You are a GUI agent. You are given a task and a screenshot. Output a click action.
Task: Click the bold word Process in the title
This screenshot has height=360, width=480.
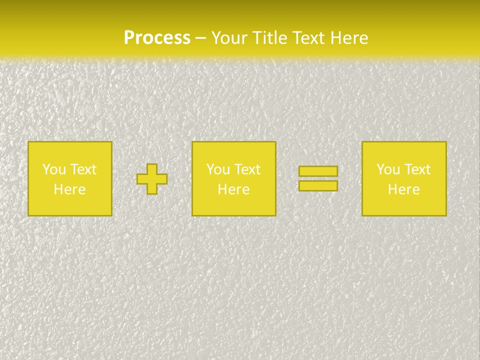[x=157, y=38]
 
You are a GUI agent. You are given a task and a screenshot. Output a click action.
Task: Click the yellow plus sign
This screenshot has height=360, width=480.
[x=152, y=179]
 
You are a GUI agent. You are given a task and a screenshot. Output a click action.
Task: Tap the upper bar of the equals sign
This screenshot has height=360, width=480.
[x=318, y=171]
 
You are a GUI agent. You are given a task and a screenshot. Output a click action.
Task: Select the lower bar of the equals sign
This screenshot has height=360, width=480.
[x=318, y=186]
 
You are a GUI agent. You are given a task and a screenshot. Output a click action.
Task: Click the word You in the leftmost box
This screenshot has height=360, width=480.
[x=54, y=169]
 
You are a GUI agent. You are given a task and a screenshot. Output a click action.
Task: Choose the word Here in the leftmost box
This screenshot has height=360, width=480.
[x=69, y=189]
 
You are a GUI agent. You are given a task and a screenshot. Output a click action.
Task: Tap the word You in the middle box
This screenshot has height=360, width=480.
[x=218, y=169]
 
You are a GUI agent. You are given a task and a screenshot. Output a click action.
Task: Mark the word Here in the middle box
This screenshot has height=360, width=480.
[x=233, y=189]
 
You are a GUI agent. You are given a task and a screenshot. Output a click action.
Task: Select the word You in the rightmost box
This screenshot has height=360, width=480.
[x=388, y=169]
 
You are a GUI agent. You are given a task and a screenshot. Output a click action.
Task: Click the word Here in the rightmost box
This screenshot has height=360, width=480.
[x=403, y=189]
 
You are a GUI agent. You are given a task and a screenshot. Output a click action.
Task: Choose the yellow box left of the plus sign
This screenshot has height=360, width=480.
[x=69, y=205]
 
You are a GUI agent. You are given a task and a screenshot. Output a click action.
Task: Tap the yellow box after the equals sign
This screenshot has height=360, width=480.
[x=403, y=205]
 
